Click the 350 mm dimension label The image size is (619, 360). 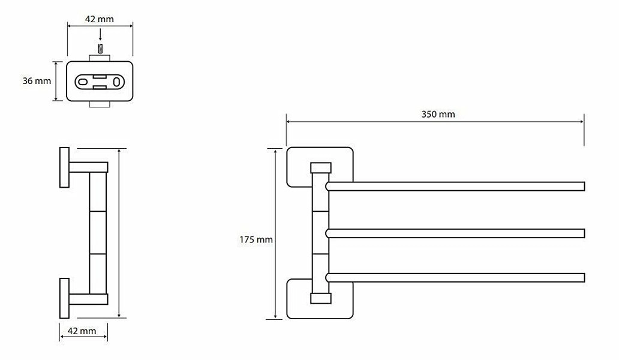[438, 115]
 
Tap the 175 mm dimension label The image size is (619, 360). [256, 239]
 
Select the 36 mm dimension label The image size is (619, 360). [37, 81]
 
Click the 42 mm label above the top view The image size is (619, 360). [99, 19]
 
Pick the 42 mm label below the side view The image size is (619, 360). [82, 331]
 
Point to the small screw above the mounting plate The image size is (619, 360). [100, 49]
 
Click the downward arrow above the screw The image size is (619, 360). [100, 35]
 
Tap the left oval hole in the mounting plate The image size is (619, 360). [83, 82]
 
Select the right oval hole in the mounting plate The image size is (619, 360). [117, 82]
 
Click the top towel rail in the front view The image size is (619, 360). [455, 187]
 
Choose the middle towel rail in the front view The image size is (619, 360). [455, 233]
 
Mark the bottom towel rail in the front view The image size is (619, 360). [455, 277]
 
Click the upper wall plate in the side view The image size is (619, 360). [64, 167]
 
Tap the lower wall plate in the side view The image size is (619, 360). [64, 298]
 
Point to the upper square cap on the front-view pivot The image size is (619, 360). [320, 168]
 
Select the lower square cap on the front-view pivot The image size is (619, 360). [320, 298]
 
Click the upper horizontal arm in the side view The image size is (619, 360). [88, 167]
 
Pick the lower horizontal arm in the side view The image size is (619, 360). [88, 299]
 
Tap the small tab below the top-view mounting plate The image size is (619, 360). [100, 104]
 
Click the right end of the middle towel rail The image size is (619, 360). [584, 233]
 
